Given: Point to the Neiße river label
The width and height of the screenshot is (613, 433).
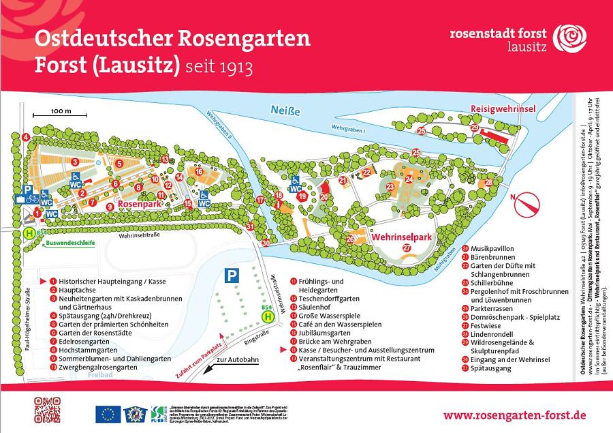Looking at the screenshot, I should pos(285,111).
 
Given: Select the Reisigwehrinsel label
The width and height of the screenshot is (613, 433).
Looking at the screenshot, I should pos(503,109).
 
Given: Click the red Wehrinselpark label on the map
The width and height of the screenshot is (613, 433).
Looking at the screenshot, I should pos(402,237).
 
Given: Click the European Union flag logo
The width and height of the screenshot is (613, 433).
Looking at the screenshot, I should pos(108,413).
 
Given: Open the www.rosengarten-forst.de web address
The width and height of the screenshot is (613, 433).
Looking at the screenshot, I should pos(514,415).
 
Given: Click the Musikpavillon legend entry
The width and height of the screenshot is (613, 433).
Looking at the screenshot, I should pos(495,248).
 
